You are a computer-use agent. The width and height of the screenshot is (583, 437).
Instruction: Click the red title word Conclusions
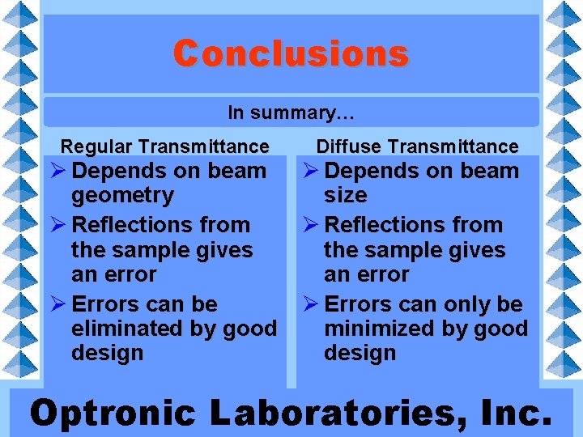[291, 53]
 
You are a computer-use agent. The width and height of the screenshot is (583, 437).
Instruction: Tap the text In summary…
[291, 112]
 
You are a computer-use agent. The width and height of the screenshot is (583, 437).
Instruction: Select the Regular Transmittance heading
[164, 146]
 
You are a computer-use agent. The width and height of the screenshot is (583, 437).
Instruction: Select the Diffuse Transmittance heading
[417, 146]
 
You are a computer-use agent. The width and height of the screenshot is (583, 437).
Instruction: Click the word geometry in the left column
[122, 196]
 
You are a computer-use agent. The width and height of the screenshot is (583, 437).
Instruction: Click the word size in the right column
[346, 196]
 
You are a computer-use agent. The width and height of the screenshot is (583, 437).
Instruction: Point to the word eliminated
[130, 329]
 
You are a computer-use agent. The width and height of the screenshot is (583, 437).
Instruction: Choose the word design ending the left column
[108, 354]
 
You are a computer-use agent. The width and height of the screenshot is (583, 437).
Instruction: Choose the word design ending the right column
[360, 354]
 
